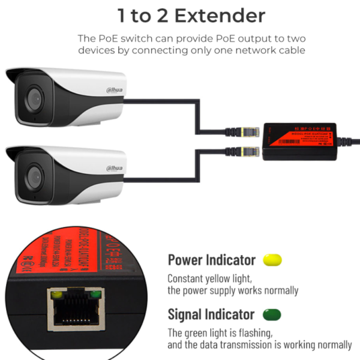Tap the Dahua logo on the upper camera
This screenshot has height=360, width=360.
[x=116, y=90]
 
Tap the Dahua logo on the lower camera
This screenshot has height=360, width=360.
[x=116, y=170]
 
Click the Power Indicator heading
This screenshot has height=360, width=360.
[x=211, y=260]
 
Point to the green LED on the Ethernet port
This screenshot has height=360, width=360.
[x=94, y=294]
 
